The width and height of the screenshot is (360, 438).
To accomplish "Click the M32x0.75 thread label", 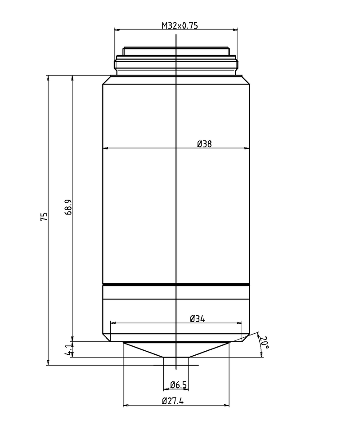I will (180, 26).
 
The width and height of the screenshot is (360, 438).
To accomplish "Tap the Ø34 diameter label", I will (198, 318).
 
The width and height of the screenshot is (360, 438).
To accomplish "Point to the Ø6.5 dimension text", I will (179, 384).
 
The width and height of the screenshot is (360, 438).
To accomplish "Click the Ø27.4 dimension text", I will (173, 402).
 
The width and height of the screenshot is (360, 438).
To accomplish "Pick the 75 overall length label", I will (44, 217).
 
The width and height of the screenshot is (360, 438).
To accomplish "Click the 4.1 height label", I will (68, 350).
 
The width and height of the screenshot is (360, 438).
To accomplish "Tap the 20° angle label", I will (265, 343).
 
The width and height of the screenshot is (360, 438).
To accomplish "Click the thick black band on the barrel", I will (176, 285).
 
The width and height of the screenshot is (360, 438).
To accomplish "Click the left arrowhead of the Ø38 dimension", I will (106, 148).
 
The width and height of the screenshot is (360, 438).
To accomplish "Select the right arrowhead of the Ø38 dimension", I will (247, 148).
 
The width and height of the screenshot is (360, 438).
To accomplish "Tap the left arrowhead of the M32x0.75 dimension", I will (117, 30).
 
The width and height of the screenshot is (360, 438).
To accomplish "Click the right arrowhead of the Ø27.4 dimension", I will (226, 406).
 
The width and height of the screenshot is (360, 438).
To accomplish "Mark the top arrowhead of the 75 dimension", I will (48, 78).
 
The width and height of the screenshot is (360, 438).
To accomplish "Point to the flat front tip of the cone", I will (176, 358).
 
